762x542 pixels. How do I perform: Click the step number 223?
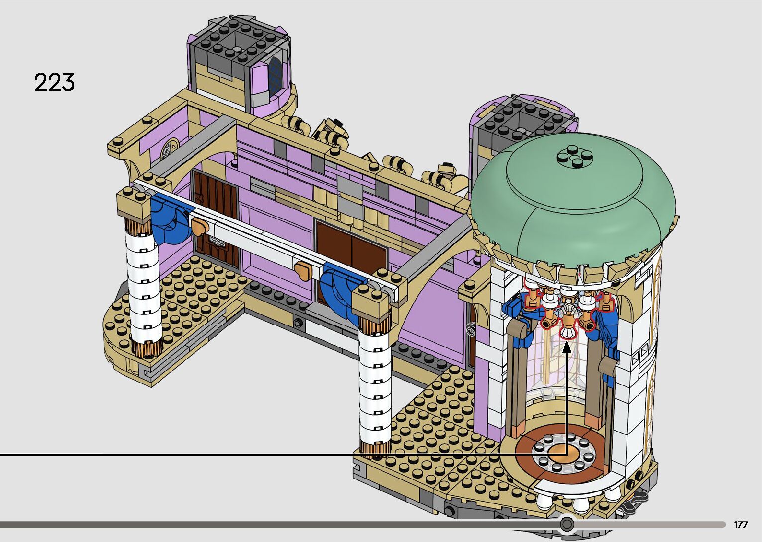54,82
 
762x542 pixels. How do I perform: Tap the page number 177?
741,525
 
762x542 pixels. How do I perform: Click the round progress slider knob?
567,524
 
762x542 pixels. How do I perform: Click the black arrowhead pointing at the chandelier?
567,348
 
